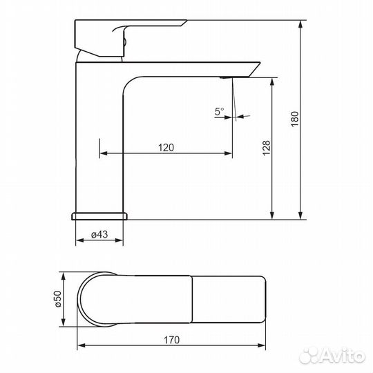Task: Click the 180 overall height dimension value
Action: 294,119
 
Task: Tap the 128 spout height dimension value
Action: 267,148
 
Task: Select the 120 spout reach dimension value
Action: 166,148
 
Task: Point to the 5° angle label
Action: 219,111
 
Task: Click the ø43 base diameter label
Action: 99,235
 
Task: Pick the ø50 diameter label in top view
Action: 58,299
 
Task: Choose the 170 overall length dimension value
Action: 171,340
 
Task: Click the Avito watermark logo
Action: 332,356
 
